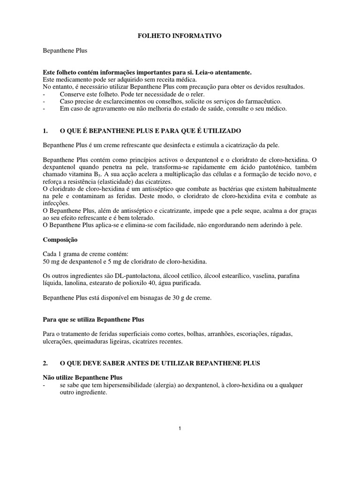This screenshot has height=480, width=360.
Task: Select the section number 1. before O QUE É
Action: tap(45, 130)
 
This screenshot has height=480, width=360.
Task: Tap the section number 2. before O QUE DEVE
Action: tap(45, 363)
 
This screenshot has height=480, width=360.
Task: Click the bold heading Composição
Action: tap(60, 239)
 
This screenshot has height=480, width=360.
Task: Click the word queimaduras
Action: tap(104, 341)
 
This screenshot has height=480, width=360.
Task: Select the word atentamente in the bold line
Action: tap(228, 73)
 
